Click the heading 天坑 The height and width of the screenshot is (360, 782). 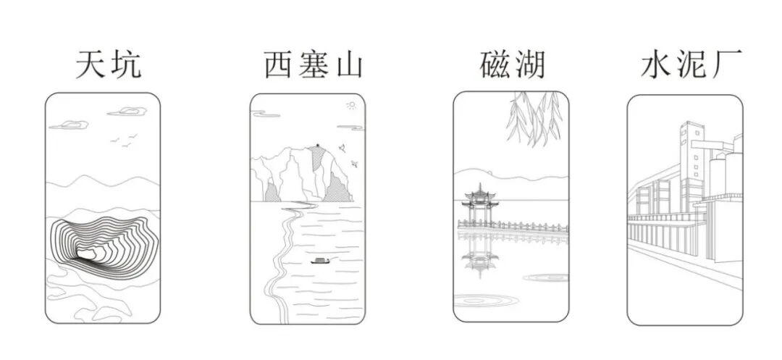(107, 66)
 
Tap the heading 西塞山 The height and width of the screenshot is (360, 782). (312, 66)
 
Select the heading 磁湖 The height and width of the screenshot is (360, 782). (511, 66)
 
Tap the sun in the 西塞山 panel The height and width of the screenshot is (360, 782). (352, 106)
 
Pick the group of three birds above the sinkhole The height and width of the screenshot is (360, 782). (124, 141)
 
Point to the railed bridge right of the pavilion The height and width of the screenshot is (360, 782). (529, 226)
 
